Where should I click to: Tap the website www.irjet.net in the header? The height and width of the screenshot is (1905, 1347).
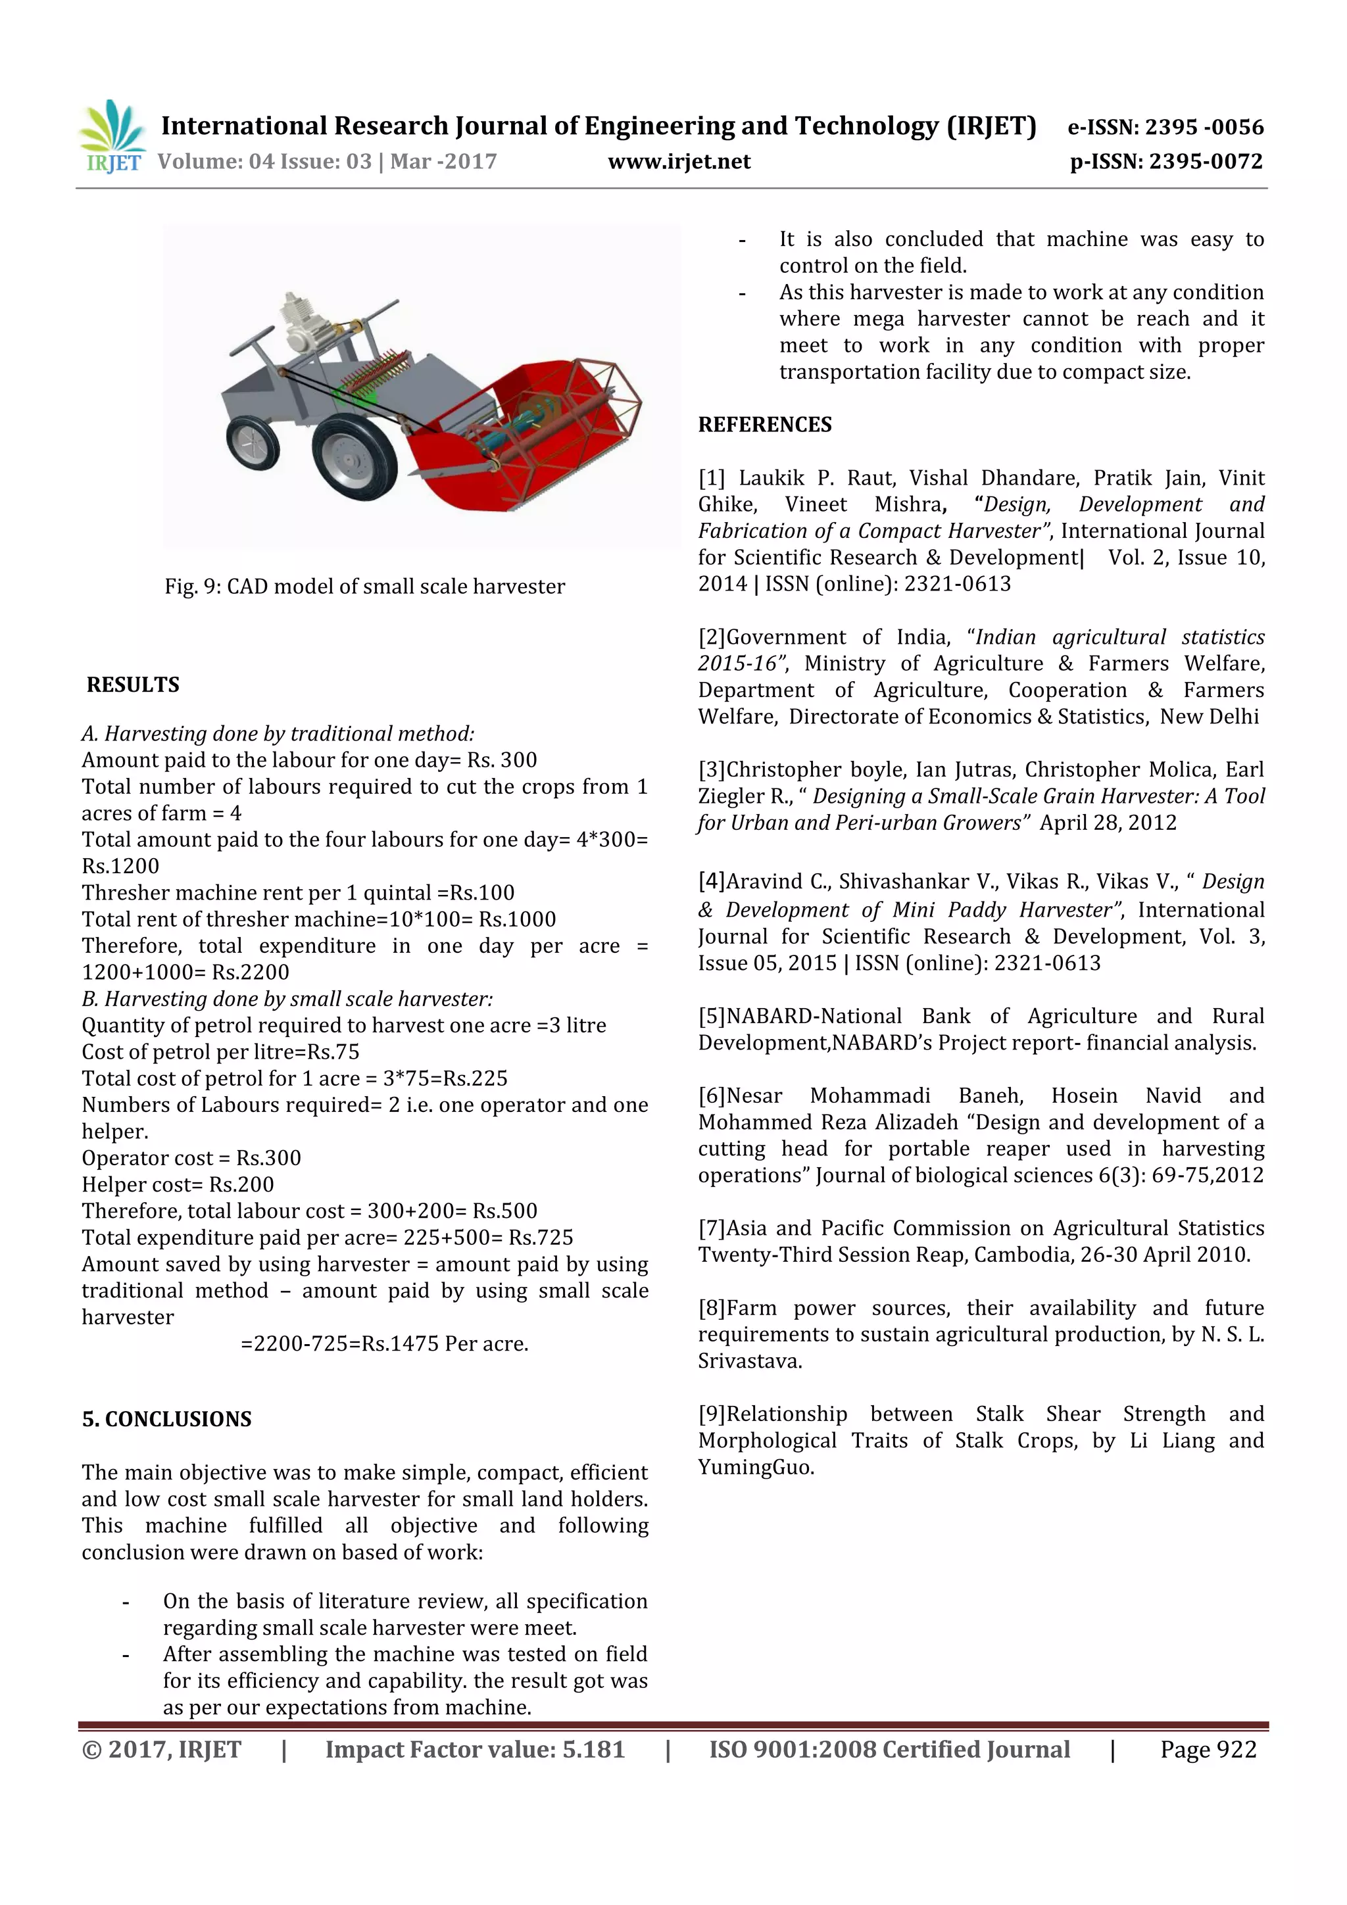click(679, 162)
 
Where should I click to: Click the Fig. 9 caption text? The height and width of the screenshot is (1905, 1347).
click(364, 587)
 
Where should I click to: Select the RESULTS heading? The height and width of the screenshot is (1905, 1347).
click(133, 685)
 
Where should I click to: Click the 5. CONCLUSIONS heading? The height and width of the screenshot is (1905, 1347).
click(167, 1419)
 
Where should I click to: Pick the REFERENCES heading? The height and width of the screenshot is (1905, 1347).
click(764, 425)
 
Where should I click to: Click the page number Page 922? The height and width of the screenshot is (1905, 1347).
click(1208, 1750)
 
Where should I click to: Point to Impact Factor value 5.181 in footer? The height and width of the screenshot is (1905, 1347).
click(475, 1750)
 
